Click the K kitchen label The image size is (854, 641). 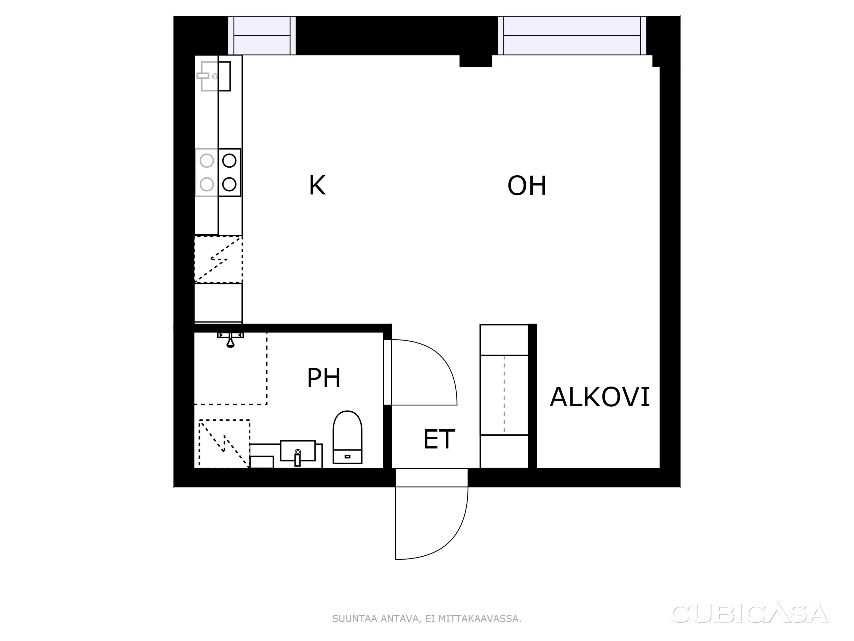point(317,186)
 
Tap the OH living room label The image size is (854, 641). point(527,186)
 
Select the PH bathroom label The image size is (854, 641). point(324,378)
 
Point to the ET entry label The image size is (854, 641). point(439,439)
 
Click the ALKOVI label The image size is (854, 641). point(599,397)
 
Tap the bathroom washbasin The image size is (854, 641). point(298,452)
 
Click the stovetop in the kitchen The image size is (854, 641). point(218,172)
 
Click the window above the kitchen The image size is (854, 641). point(262,35)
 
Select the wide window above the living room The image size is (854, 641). point(572,35)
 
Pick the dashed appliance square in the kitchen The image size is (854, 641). point(219,259)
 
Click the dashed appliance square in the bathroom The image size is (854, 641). point(224,444)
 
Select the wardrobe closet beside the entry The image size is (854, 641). point(504,396)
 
